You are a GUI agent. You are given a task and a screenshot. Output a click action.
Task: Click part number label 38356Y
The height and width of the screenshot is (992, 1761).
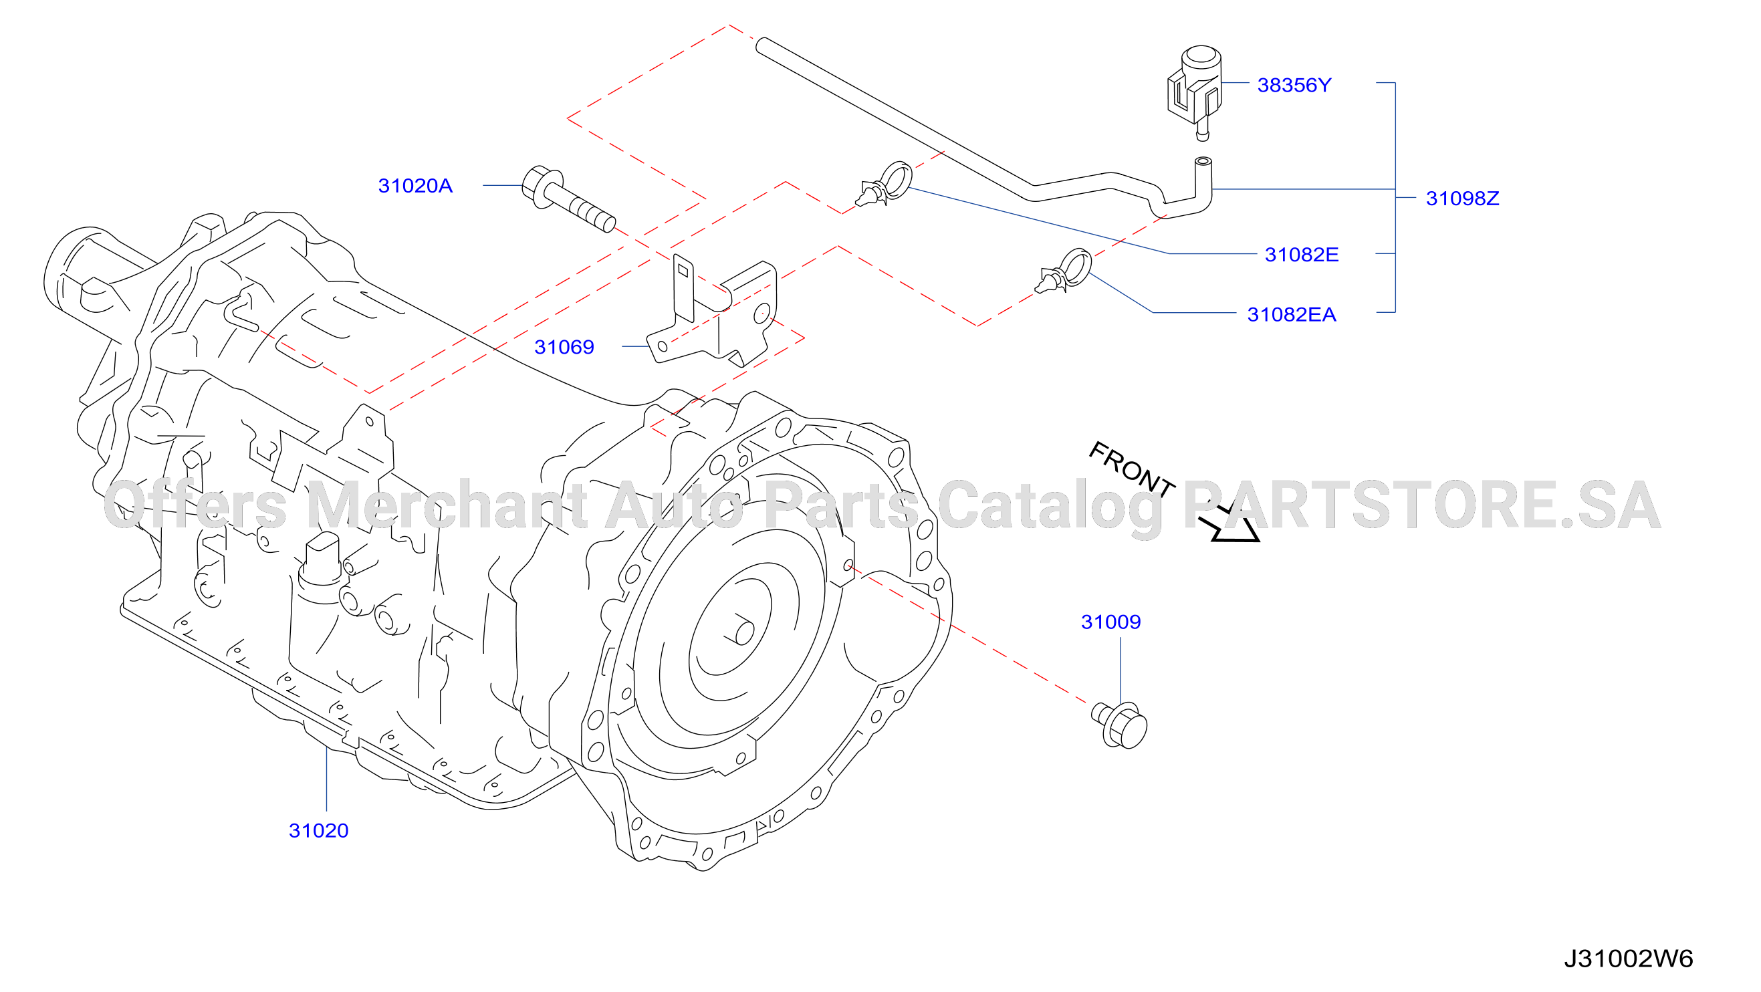click(1294, 86)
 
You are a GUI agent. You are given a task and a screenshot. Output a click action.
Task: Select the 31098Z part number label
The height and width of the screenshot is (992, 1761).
click(1462, 199)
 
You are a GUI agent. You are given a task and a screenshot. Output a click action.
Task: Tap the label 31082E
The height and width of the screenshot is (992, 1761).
click(1302, 255)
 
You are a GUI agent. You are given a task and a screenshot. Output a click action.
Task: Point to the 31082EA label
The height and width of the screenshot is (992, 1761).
click(1292, 314)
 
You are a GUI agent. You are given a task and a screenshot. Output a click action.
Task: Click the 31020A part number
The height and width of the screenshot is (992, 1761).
click(415, 186)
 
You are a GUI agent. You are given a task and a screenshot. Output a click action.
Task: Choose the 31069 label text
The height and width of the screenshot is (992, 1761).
click(564, 348)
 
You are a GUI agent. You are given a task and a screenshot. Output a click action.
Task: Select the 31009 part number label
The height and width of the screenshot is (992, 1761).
click(1111, 622)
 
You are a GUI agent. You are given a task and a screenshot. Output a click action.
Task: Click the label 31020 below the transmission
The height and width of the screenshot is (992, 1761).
click(318, 831)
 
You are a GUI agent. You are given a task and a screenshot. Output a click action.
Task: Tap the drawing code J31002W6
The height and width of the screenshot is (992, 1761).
click(1629, 959)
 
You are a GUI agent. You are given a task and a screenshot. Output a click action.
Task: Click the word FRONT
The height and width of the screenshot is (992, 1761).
click(1131, 469)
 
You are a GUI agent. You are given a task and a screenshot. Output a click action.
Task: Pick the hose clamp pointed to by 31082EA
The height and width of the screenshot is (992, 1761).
click(1064, 271)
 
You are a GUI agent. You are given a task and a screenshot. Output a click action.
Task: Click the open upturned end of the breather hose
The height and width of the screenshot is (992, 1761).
click(1203, 162)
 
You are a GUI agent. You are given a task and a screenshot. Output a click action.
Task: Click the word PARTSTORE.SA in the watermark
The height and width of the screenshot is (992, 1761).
click(1422, 506)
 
